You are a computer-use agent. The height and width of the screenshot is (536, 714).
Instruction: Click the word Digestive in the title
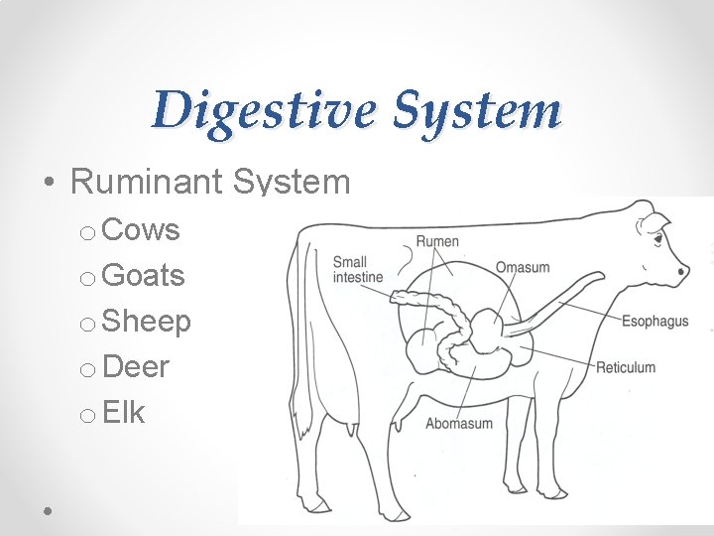point(266,111)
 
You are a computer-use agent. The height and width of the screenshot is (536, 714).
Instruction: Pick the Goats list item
point(143,275)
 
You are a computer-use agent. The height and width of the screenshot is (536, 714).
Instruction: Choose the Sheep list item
point(146,321)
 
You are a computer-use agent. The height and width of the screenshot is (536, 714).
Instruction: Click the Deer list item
point(136,366)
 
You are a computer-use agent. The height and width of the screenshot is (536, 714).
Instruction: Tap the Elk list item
point(124,412)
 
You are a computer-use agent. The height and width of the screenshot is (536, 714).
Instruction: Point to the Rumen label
point(437,241)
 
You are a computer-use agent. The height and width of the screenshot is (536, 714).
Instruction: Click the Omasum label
point(522,267)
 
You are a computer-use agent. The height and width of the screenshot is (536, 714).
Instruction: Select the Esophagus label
point(654,321)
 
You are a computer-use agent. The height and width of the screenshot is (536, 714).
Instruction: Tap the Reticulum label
point(625,367)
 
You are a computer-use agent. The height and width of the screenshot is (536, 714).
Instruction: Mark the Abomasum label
point(458,424)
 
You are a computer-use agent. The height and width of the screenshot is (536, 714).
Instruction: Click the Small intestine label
point(357,270)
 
